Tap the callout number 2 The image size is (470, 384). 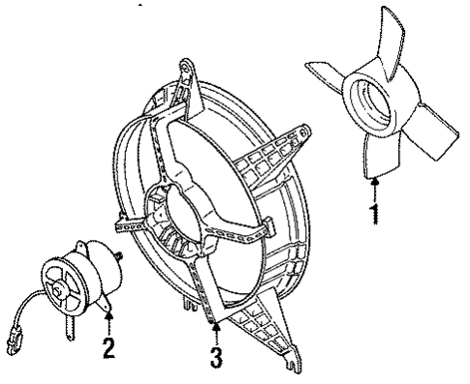(110, 345)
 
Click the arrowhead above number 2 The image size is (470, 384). (110, 311)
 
